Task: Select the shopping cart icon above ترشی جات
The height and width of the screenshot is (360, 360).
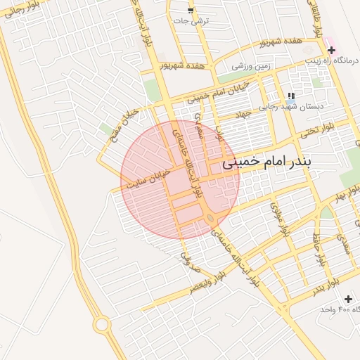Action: [191, 10]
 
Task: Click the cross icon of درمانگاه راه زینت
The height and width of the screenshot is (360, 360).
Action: [331, 50]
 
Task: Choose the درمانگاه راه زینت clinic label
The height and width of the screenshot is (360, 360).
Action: [331, 61]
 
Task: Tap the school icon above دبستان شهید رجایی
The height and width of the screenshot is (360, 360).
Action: [291, 96]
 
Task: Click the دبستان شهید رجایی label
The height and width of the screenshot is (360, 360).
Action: [301, 107]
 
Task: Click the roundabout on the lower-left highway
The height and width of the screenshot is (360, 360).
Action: [102, 325]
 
